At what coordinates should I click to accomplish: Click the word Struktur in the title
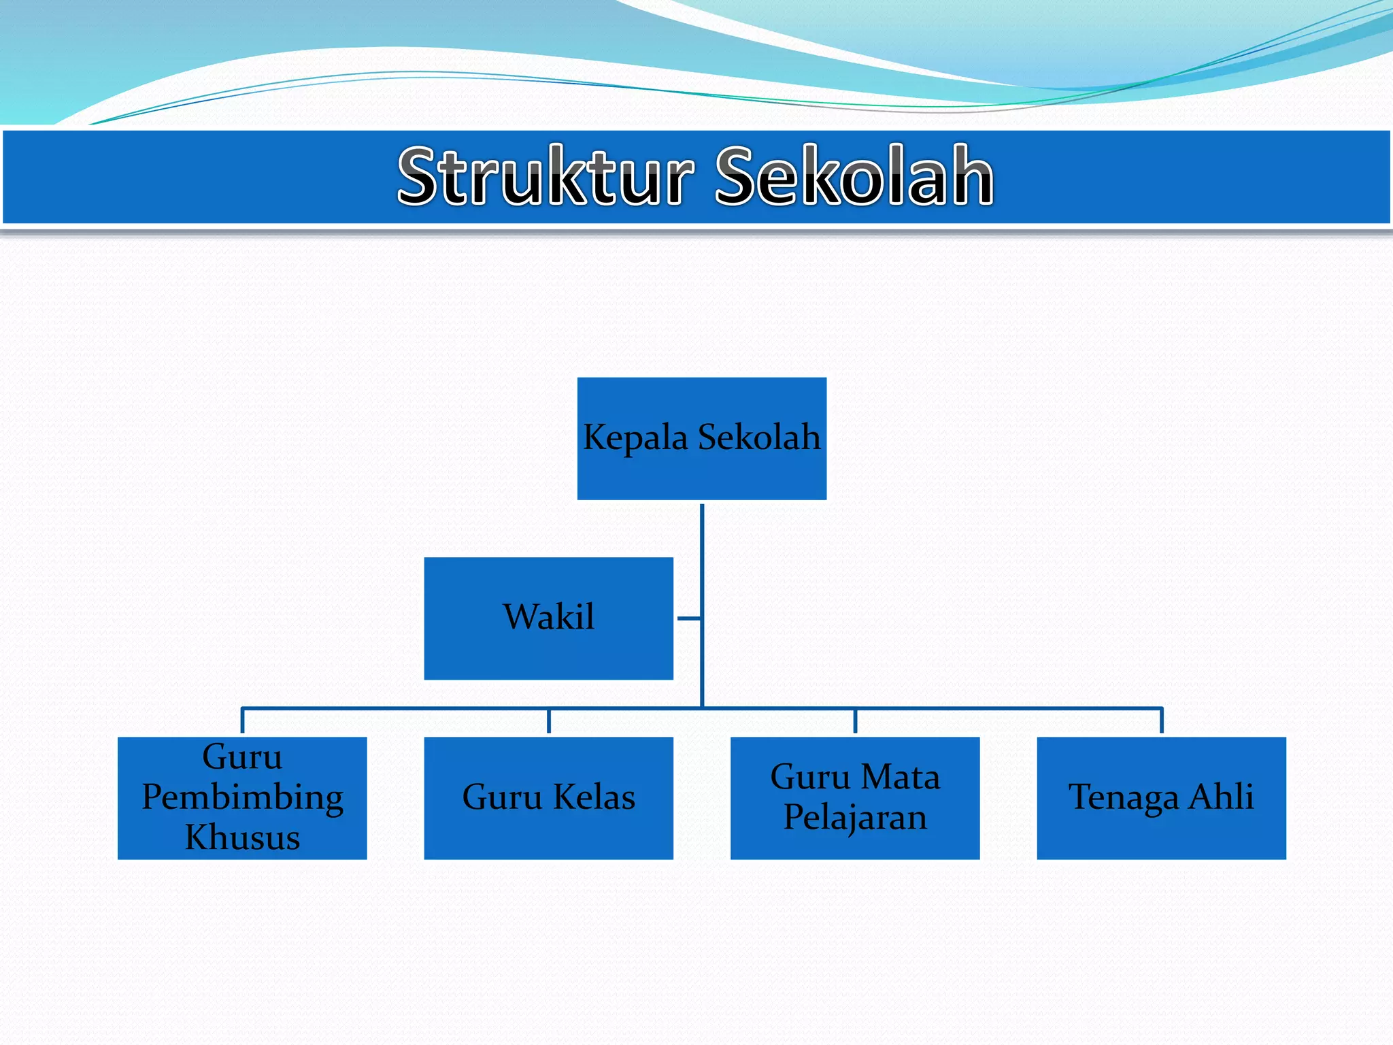click(x=545, y=176)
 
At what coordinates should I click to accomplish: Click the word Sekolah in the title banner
click(x=854, y=176)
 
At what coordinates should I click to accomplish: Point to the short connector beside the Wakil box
click(x=688, y=618)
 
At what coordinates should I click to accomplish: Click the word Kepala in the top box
click(x=635, y=437)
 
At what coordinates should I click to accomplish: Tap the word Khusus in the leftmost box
click(x=242, y=838)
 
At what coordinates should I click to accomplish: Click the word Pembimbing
click(x=242, y=797)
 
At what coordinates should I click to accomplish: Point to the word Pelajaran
click(x=855, y=817)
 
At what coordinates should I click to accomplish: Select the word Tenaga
click(x=1124, y=797)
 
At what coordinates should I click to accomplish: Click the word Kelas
click(x=594, y=797)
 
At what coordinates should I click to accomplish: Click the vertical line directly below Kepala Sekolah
click(x=701, y=544)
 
